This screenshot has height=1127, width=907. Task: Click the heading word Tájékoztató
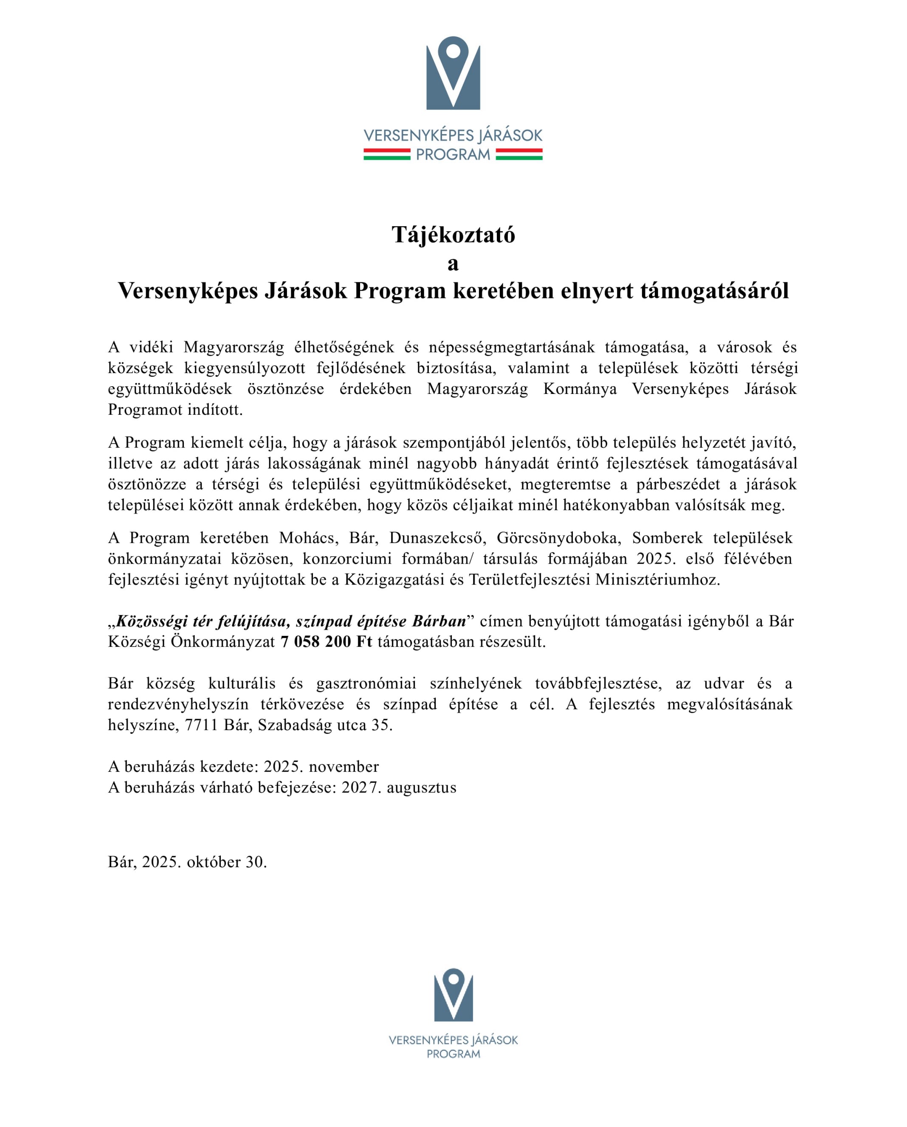point(453,235)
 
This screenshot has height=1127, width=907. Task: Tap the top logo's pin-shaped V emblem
point(453,73)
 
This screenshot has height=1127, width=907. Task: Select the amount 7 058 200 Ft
point(326,642)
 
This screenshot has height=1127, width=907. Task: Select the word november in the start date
point(344,767)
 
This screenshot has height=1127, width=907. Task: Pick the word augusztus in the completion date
point(421,788)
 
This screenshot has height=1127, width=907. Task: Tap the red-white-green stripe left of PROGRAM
point(387,154)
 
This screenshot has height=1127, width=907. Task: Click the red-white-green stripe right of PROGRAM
point(519,154)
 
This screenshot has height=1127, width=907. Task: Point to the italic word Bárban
point(439,621)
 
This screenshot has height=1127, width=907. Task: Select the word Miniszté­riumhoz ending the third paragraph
point(658,580)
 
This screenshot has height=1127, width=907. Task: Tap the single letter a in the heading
point(453,264)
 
